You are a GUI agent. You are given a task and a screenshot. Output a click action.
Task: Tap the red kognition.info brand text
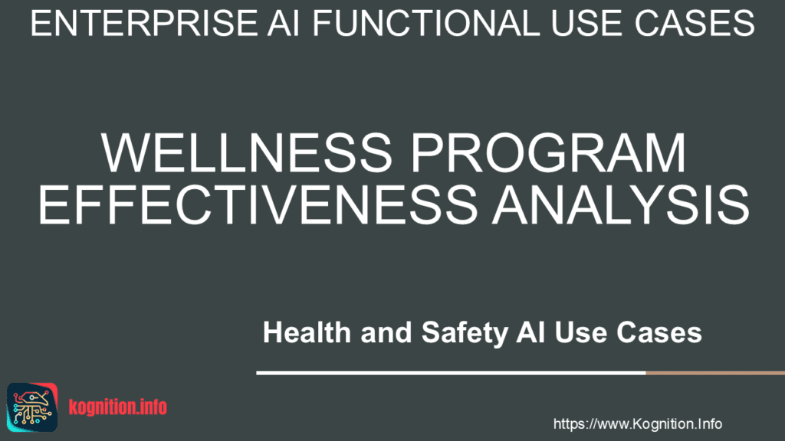click(x=117, y=407)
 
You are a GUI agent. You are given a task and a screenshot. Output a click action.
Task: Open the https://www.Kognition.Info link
click(x=637, y=423)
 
